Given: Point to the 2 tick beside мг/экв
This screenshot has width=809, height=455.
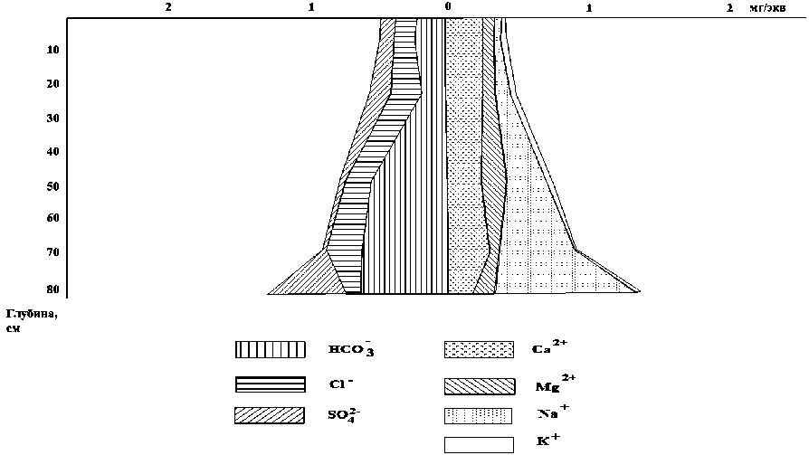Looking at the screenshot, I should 731,7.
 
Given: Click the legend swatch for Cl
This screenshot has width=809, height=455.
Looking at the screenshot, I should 269,384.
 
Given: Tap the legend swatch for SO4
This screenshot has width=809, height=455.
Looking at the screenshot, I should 269,415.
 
